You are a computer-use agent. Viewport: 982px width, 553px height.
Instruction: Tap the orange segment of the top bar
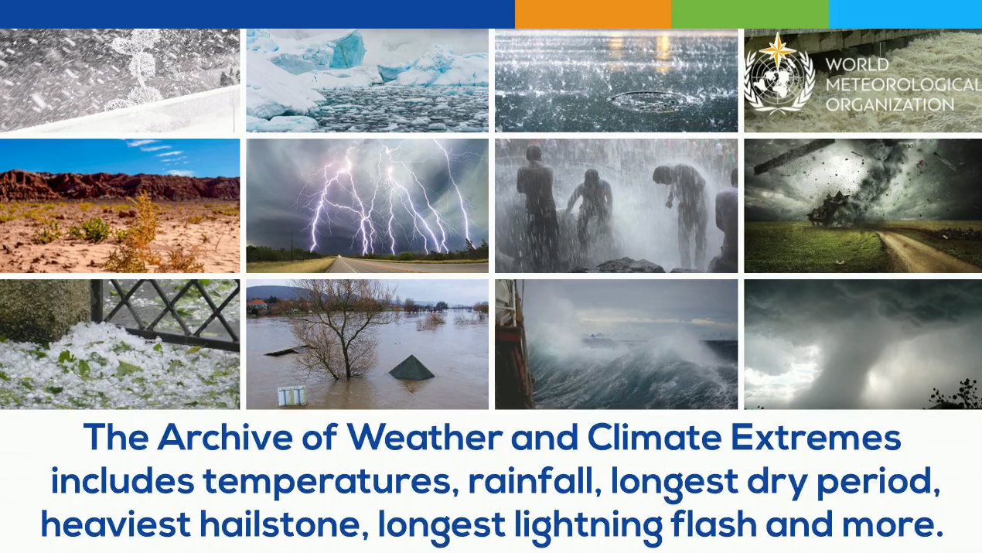coord(592,14)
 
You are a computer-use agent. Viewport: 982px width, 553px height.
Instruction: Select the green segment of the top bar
coord(749,14)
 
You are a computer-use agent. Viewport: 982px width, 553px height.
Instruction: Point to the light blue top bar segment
coord(905,14)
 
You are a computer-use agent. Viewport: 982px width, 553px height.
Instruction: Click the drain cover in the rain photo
coord(653,101)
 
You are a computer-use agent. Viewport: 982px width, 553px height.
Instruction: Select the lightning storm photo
coord(367,206)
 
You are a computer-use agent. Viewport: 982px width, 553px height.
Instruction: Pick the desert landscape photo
coord(120,206)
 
